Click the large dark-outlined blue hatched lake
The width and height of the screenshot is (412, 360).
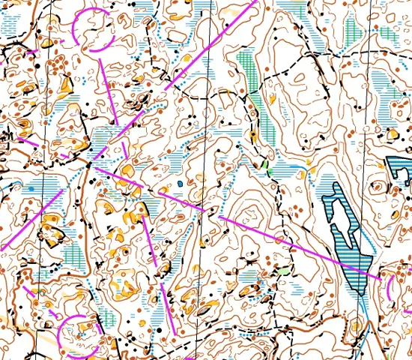pyautogui.click(x=352, y=247)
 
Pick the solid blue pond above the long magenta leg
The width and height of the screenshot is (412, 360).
pyautogui.click(x=181, y=182)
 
